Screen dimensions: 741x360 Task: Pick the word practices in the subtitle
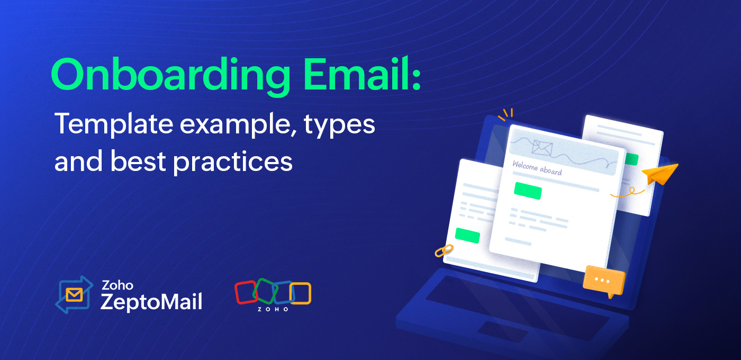tap(233, 163)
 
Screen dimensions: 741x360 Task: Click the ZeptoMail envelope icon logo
tap(74, 294)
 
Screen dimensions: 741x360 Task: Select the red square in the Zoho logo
tap(246, 292)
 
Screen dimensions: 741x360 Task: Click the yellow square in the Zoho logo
tap(301, 293)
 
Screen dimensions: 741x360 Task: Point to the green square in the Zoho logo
tap(265, 291)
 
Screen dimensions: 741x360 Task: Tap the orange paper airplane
tap(661, 174)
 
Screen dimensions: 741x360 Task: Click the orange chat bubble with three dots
tap(604, 282)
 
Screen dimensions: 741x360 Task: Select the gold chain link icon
tap(444, 250)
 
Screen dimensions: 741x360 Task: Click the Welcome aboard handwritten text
tap(537, 168)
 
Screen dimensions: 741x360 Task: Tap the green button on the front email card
tap(528, 191)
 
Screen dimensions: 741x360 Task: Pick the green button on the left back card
tap(467, 236)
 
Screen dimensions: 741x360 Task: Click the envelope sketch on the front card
tap(542, 148)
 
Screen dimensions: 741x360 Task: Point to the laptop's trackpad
tap(502, 331)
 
